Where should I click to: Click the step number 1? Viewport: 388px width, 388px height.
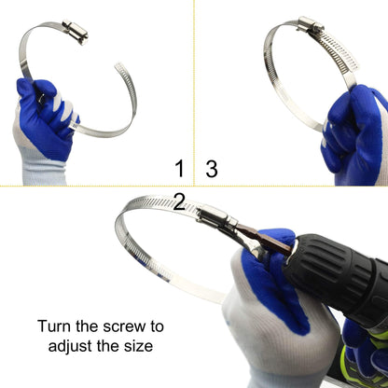pos(179,169)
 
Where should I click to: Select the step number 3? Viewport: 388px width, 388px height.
pos(212,169)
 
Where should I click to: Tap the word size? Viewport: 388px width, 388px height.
pos(136,346)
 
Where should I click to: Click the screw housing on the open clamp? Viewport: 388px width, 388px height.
pos(75,33)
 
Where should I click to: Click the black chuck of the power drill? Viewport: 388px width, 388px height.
pos(322,261)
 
